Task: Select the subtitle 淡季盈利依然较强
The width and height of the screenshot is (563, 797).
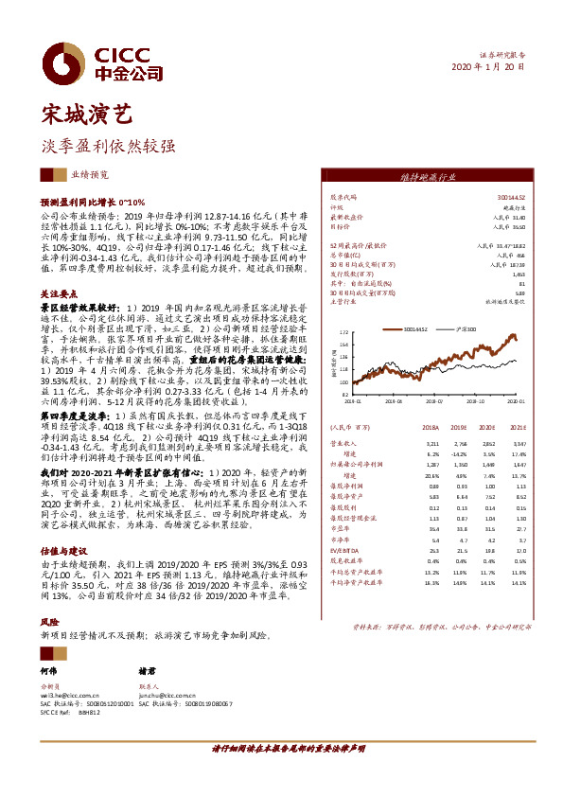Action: click(108, 148)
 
